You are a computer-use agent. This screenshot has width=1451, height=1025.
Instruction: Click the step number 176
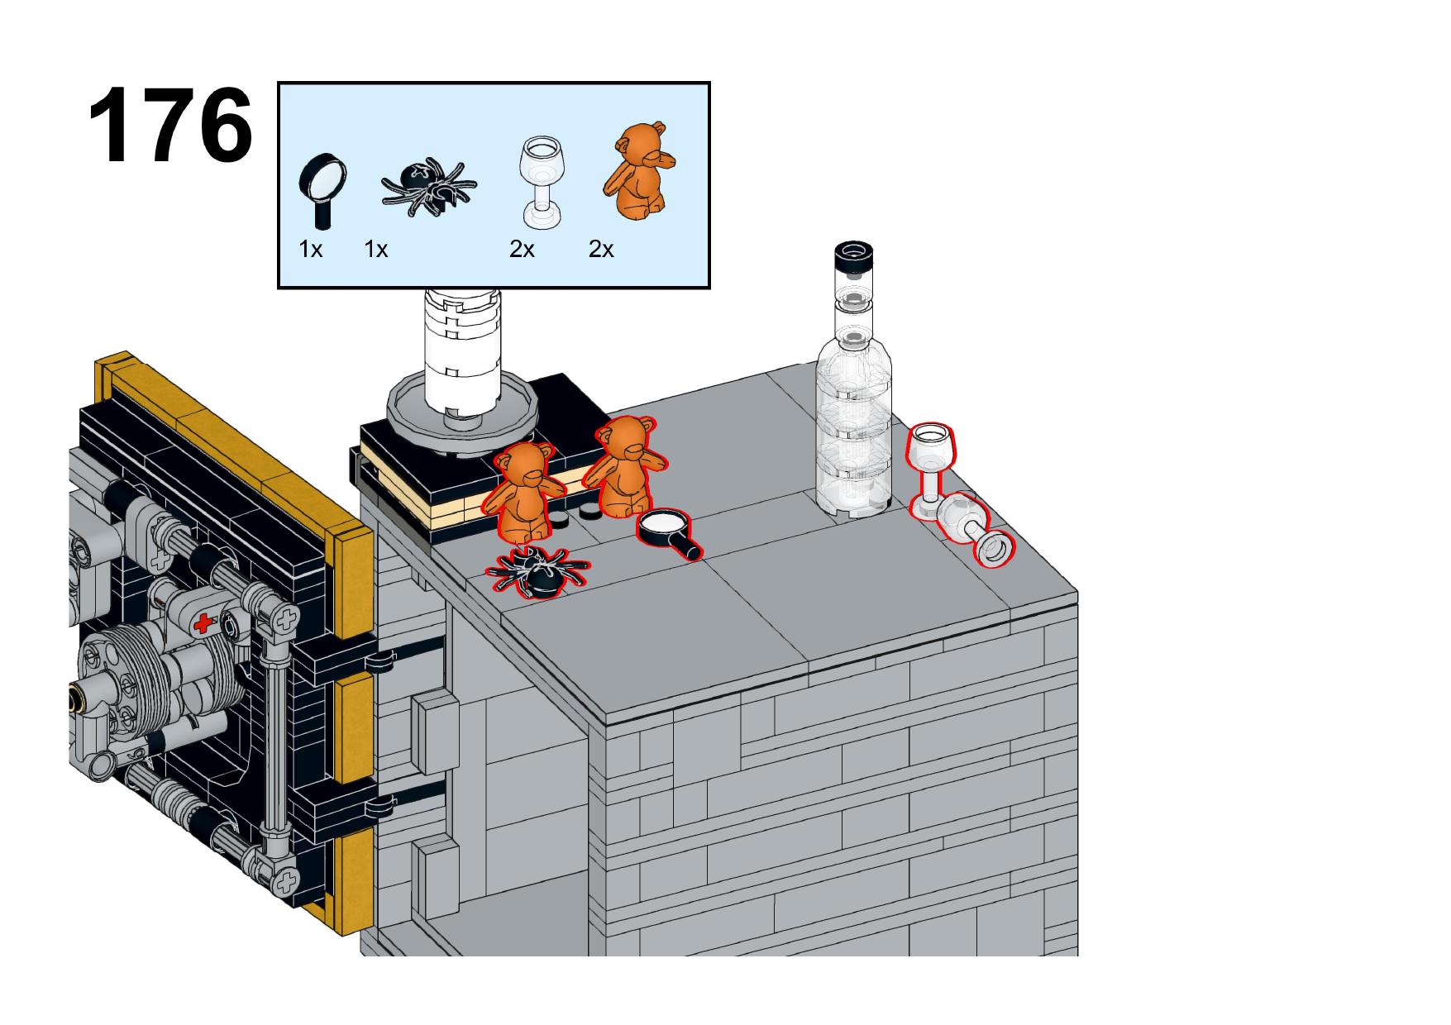tap(170, 126)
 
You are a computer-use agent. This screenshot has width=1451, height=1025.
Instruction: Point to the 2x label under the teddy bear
tap(601, 249)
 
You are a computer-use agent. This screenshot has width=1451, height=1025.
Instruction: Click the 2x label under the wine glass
tap(522, 249)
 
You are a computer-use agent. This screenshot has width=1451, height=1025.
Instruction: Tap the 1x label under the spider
tap(376, 249)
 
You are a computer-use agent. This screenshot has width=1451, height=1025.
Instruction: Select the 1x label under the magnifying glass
tap(310, 249)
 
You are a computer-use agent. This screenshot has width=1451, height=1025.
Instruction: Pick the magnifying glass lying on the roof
tap(671, 532)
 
